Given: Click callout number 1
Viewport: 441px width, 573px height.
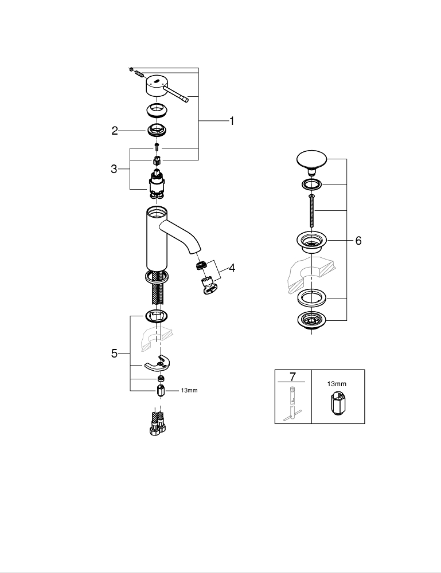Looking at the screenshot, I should pyautogui.click(x=232, y=121).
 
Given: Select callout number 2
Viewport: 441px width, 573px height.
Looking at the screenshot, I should pyautogui.click(x=115, y=131).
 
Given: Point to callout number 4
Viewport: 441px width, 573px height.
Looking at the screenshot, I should pyautogui.click(x=232, y=268).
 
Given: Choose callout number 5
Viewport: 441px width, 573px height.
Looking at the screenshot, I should pyautogui.click(x=114, y=354).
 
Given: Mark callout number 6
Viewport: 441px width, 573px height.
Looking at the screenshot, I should pyautogui.click(x=358, y=241).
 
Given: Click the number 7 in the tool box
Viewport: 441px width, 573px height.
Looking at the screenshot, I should pyautogui.click(x=292, y=376).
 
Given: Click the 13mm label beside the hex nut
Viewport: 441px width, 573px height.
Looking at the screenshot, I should pyautogui.click(x=189, y=390).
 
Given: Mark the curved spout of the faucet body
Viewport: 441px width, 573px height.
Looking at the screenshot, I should pyautogui.click(x=182, y=235).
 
